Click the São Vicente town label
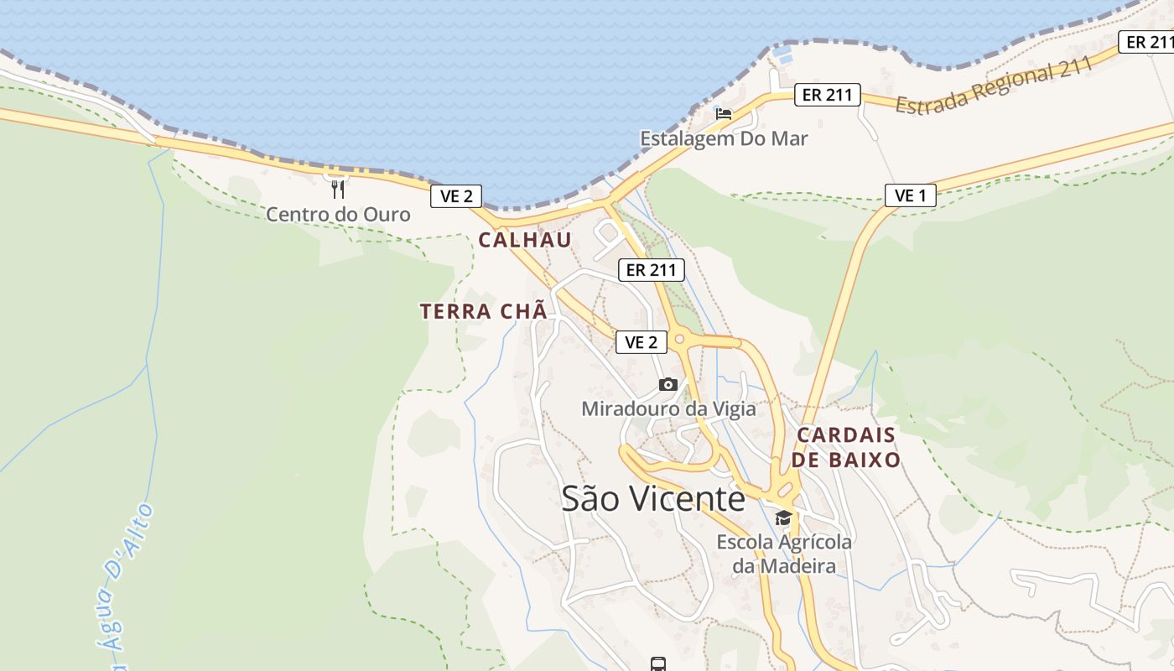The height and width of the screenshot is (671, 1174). pos(653,498)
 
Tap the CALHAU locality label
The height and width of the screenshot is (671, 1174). pos(525,240)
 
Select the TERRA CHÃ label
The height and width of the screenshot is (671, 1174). pos(484,311)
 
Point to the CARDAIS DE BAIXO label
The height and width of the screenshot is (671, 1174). pos(846,447)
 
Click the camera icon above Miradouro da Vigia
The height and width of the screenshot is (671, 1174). pos(668,384)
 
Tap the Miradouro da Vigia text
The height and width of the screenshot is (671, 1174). pos(668,409)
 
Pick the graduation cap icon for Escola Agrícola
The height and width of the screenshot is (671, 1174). pos(783,518)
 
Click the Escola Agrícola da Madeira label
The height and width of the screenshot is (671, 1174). pos(784,554)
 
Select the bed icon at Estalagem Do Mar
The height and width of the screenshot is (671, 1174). pos(724,113)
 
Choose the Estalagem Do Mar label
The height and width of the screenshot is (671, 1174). pos(724,138)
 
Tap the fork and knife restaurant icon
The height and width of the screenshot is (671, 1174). pos(338,189)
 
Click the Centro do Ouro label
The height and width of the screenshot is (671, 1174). pos(338,215)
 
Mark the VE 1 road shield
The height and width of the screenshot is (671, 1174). pos(910,196)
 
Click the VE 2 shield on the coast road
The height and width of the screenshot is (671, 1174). pos(456,196)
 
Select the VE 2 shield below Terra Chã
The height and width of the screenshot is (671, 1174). pos(642,342)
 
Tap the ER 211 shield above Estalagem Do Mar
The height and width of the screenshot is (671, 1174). pos(827,95)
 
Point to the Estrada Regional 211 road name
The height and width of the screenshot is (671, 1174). pos(995,86)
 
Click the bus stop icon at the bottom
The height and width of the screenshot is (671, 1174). pos(658,664)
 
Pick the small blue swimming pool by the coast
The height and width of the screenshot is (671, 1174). pos(783,55)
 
